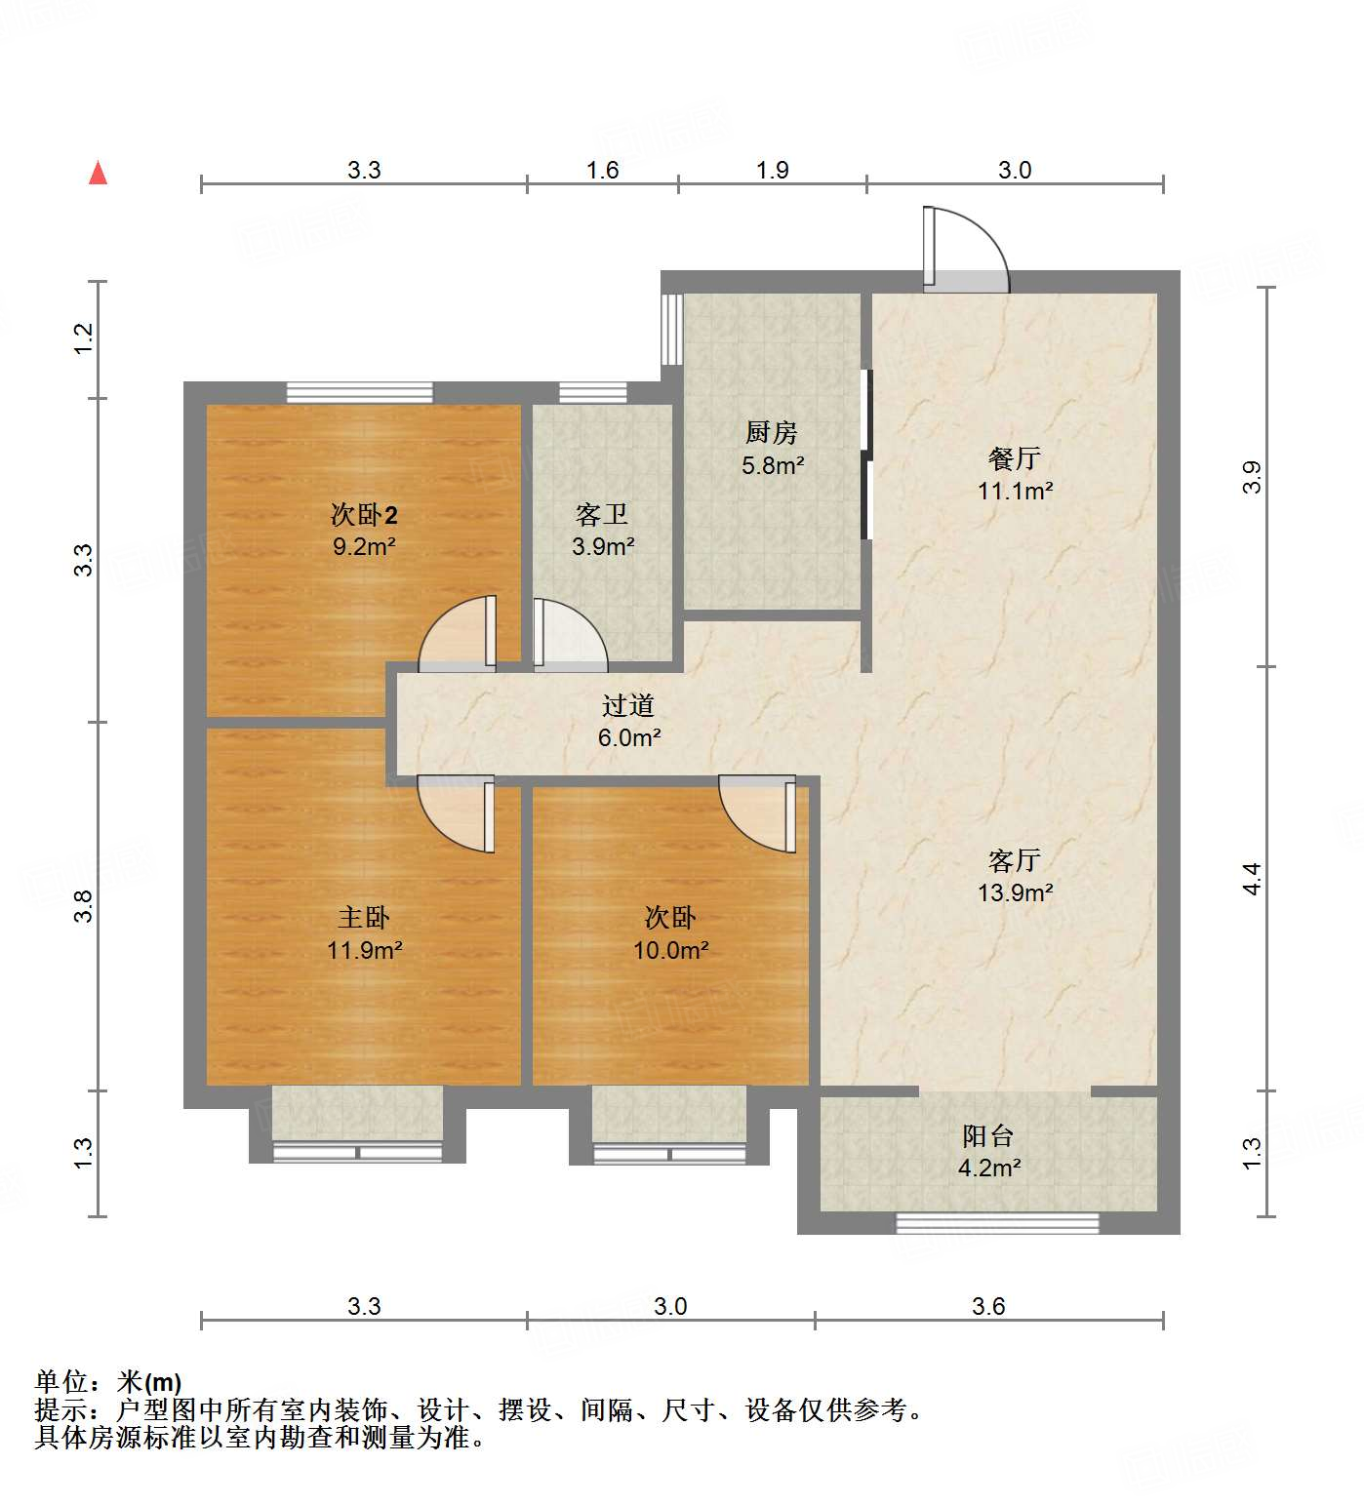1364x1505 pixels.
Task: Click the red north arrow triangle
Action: tap(98, 173)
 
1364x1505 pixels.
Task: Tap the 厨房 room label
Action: tap(771, 432)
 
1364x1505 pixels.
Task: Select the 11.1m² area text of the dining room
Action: tap(1015, 491)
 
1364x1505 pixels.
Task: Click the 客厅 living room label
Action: tap(1014, 860)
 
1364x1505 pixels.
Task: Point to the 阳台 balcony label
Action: tap(987, 1135)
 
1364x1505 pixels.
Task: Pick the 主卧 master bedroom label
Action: tap(364, 917)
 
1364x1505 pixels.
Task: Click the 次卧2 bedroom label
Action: tap(364, 514)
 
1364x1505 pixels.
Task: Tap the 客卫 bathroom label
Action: tap(602, 514)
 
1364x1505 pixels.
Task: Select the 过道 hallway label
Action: tap(627, 705)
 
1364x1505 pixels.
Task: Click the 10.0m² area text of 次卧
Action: tap(670, 949)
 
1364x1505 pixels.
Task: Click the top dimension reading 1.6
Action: tap(602, 170)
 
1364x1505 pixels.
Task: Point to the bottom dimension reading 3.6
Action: tap(987, 1306)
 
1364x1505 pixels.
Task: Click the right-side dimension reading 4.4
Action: tap(1252, 878)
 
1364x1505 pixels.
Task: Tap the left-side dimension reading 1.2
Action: tap(84, 337)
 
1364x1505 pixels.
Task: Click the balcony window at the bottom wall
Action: tap(997, 1222)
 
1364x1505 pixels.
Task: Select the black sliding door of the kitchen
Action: tap(865, 454)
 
